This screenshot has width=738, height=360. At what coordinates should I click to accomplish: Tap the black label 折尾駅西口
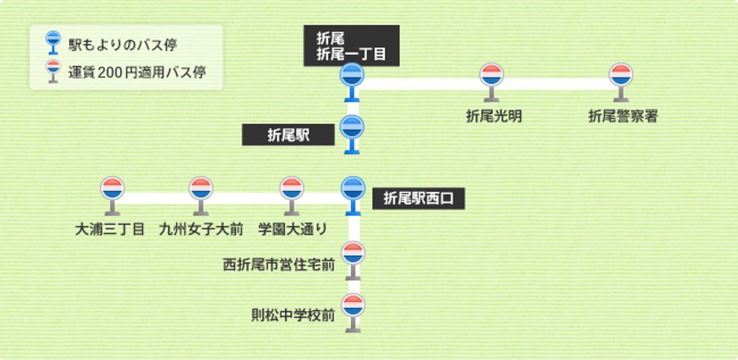click(x=419, y=199)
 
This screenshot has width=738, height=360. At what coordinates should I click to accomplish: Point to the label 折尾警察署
click(x=623, y=116)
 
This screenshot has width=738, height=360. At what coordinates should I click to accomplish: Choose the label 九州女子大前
click(x=201, y=230)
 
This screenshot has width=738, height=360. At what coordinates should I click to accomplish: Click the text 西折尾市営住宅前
click(x=279, y=265)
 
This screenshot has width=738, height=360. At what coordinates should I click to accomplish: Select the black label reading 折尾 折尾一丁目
click(x=352, y=46)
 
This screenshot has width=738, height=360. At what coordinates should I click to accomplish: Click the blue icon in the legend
click(x=53, y=42)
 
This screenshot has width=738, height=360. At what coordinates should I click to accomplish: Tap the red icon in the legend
click(x=53, y=70)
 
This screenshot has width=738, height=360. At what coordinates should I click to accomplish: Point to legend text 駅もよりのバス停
click(x=123, y=44)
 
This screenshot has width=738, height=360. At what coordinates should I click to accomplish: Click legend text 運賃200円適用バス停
click(x=137, y=72)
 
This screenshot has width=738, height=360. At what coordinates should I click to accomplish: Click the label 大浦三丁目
click(x=110, y=230)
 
